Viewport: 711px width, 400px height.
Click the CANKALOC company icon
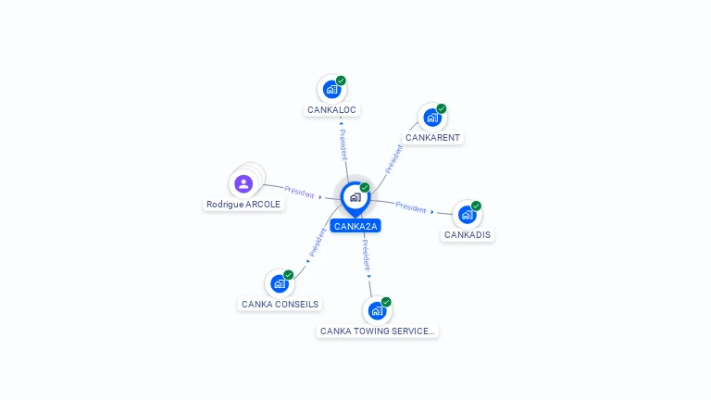coord(332,89)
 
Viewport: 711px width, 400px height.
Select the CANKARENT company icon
coord(432,118)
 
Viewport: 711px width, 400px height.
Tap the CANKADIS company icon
coord(467,215)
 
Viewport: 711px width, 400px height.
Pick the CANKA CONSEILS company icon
coord(280,284)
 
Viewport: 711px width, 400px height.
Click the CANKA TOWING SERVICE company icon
coord(377,311)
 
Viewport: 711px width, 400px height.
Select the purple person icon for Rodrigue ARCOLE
coord(243,183)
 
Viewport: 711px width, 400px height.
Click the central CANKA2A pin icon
coord(355,199)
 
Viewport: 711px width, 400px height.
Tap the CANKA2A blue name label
coord(355,226)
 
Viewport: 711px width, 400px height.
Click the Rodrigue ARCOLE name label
coord(243,205)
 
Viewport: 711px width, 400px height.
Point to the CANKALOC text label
coord(331,110)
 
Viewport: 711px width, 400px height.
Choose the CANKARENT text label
coord(432,137)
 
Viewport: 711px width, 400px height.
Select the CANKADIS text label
coord(468,235)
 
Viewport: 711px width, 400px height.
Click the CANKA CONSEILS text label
coord(280,305)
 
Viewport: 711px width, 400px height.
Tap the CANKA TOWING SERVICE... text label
coord(378,331)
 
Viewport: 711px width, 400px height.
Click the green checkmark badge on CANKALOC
coord(341,81)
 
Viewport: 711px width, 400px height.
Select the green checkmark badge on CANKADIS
coord(476,206)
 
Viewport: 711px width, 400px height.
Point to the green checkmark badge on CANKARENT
coord(442,109)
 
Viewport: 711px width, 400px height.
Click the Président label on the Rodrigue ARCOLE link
coord(299,193)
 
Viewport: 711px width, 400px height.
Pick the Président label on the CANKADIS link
coord(411,207)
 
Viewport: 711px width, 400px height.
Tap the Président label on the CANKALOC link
coord(343,144)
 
